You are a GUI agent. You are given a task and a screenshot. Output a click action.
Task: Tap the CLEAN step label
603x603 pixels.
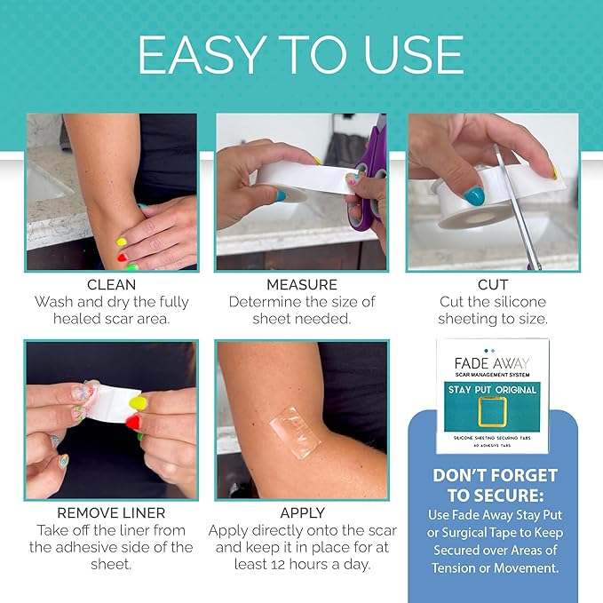(111, 285)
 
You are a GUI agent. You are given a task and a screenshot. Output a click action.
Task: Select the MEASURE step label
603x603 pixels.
(301, 285)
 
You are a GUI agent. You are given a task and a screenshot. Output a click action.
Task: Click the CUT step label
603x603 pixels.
(492, 285)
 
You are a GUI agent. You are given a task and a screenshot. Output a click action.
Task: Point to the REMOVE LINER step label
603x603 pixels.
(111, 513)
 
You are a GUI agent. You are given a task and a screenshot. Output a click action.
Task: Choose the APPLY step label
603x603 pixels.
(302, 513)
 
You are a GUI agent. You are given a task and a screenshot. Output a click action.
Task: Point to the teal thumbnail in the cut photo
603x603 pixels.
(473, 195)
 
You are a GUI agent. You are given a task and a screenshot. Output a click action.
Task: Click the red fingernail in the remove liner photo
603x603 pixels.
(133, 422)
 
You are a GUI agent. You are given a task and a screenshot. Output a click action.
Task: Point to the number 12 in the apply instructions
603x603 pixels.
(282, 564)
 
